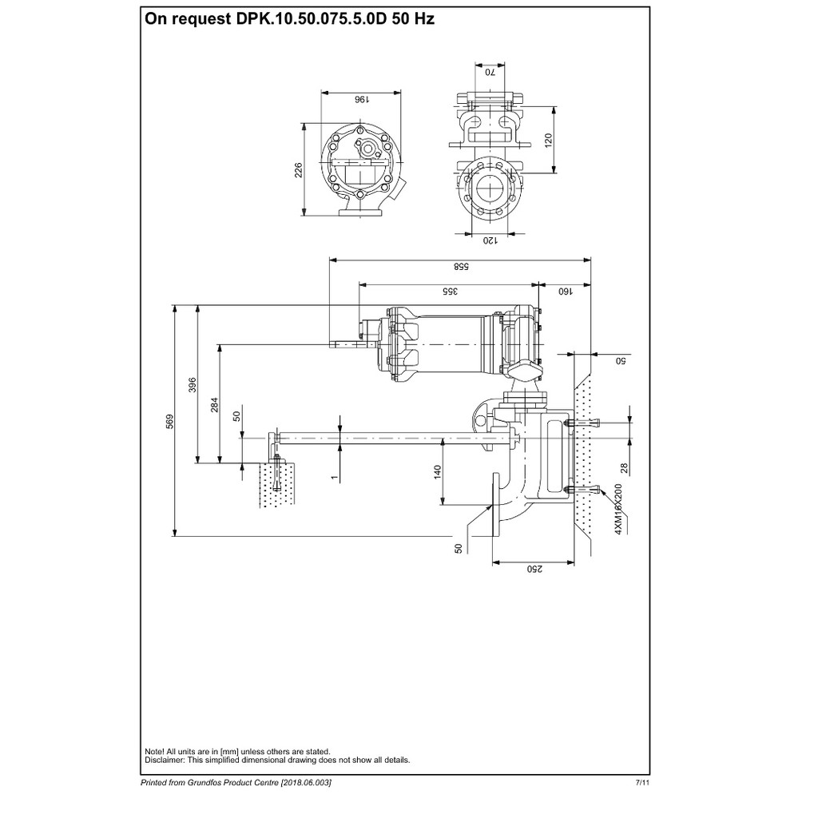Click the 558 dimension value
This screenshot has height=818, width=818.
point(461,267)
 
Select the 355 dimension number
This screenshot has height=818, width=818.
point(450,292)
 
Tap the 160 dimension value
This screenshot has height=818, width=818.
point(566,292)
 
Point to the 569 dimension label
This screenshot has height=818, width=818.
point(169,422)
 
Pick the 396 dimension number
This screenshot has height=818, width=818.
point(193,385)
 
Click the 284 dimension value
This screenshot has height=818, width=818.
point(214,405)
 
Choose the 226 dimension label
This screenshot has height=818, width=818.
point(299,170)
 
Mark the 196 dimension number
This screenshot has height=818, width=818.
point(362,99)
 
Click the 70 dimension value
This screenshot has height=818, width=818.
point(490,72)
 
